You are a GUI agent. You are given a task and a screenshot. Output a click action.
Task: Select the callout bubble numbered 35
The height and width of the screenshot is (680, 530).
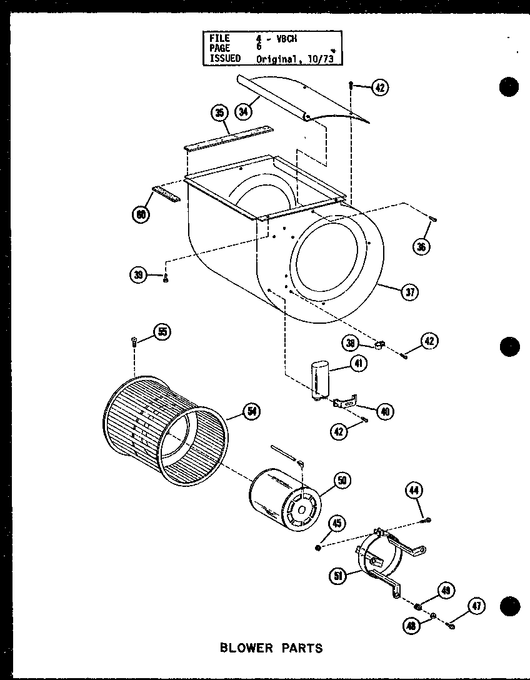point(219,113)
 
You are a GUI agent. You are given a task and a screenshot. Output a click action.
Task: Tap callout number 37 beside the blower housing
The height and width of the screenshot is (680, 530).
point(410,292)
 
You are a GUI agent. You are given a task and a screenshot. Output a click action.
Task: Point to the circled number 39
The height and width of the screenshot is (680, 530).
point(137,273)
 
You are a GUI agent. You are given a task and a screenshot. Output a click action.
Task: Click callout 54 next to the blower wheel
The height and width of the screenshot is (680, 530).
point(252,411)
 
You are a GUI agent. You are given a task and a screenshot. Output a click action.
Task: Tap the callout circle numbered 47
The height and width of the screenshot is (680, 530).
point(477,604)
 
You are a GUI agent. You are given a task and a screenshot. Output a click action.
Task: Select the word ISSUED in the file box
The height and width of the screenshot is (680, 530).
point(225,58)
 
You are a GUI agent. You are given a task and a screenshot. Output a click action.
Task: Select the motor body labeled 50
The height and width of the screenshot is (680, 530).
point(284,496)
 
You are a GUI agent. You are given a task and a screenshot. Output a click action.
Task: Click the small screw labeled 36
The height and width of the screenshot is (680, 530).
point(432,218)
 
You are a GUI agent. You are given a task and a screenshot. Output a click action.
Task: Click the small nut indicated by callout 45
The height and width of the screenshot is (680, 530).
point(319,547)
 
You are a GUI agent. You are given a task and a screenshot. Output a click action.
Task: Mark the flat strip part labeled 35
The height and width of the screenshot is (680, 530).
point(228,139)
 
